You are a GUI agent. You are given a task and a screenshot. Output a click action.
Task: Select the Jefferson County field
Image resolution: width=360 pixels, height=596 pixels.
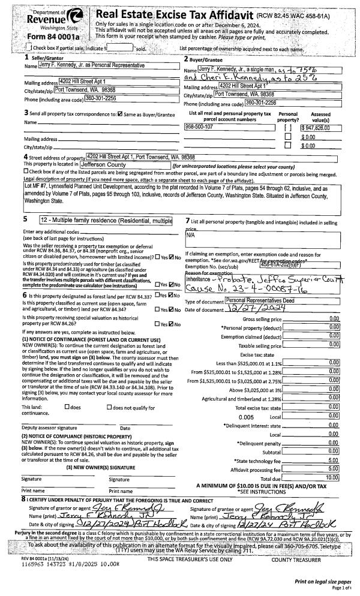click(x=123, y=162)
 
